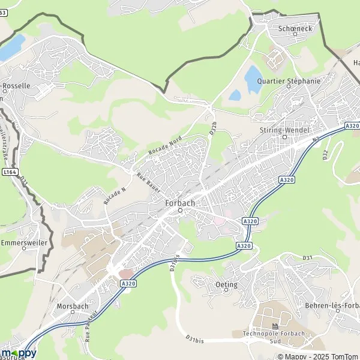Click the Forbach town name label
[179, 203]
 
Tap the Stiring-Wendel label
[285, 129]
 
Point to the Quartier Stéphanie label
[288, 80]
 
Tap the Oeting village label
[226, 284]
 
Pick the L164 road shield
[10, 172]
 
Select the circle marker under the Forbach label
[179, 210]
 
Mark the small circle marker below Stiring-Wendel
[285, 136]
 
